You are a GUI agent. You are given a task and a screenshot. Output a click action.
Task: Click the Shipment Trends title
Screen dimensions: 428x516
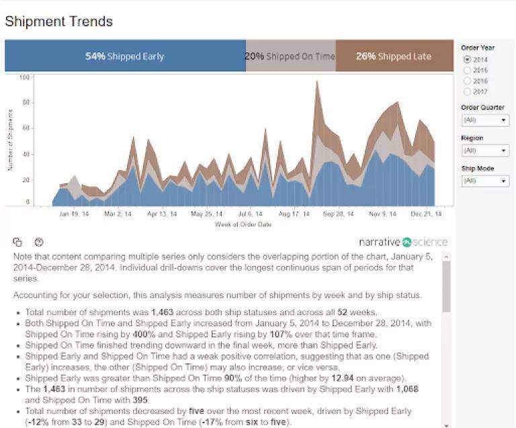58,22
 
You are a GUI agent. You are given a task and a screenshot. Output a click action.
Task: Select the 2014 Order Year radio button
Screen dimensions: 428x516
467,60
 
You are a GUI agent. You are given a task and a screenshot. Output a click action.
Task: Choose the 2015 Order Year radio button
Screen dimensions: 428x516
467,70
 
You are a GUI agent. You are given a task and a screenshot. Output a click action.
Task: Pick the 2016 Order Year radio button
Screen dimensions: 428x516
467,81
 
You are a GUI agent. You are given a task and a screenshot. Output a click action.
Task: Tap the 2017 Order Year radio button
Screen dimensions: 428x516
467,91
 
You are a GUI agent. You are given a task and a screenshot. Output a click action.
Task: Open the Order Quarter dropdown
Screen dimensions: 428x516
485,120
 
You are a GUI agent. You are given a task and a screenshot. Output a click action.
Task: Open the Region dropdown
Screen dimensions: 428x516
485,151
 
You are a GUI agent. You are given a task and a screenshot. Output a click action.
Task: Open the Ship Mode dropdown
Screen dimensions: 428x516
485,181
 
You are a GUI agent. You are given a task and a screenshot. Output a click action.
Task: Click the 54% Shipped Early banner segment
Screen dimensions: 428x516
125,56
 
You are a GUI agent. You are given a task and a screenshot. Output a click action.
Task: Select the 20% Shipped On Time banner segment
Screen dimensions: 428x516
290,56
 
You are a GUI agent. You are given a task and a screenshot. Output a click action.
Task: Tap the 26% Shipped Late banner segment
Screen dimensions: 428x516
394,56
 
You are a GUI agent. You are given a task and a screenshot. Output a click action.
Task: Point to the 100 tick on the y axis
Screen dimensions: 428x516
26,77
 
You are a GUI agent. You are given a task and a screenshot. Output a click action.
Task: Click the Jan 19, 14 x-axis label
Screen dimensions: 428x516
74,214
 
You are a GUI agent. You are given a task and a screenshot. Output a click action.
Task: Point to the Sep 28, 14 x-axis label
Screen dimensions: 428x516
338,214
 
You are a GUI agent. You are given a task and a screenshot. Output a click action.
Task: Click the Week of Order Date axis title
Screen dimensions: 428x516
243,224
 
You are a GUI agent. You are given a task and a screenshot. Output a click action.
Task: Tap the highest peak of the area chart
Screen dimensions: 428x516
316,82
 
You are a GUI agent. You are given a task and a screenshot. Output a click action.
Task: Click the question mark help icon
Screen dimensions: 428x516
39,242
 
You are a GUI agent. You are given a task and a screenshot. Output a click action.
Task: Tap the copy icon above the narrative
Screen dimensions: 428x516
18,242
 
